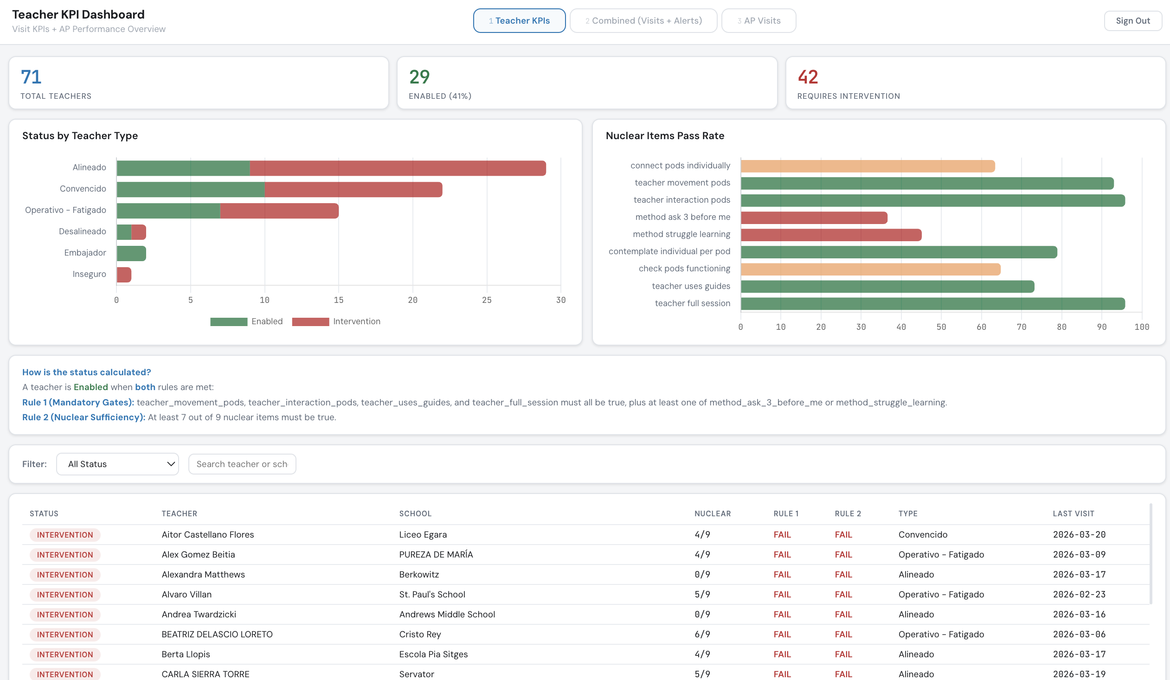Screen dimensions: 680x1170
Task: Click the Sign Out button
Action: click(1132, 21)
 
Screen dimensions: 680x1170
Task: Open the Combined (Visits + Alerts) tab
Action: click(643, 21)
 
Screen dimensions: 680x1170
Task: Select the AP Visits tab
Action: click(758, 21)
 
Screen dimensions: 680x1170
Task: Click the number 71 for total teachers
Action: click(31, 77)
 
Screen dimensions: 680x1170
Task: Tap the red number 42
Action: click(807, 77)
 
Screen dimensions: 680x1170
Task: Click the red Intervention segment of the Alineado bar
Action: click(397, 168)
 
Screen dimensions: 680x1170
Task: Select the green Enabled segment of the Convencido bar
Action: click(190, 189)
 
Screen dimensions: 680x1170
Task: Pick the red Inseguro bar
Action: click(124, 275)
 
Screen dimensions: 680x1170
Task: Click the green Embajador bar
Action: click(131, 253)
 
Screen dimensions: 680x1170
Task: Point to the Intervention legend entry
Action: click(336, 321)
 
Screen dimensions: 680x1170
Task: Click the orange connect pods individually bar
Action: click(867, 166)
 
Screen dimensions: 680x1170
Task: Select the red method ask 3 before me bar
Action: click(813, 218)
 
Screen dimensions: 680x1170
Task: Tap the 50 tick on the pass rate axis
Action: click(941, 327)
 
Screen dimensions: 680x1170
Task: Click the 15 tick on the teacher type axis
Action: click(339, 300)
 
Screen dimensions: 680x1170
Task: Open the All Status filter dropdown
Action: click(117, 464)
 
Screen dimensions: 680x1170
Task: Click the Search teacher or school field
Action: click(242, 464)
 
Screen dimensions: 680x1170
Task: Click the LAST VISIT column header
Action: click(1073, 513)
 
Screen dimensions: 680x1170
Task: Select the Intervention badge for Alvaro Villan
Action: click(65, 595)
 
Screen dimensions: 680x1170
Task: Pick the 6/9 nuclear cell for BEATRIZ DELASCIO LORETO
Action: click(702, 635)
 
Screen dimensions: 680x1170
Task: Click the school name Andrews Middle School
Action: click(447, 615)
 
